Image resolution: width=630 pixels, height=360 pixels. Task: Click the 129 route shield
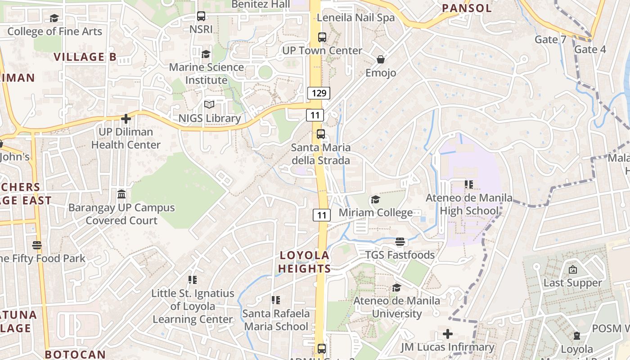(x=319, y=93)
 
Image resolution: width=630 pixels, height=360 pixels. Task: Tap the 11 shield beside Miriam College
(x=321, y=215)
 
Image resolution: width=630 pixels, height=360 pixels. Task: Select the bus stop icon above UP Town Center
(x=322, y=37)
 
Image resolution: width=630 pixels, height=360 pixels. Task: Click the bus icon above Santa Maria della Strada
(x=320, y=134)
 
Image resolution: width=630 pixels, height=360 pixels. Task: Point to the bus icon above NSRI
(x=201, y=17)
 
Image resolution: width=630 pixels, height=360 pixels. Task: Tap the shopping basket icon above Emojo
(x=380, y=59)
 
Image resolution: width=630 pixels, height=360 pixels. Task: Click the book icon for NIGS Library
(x=209, y=105)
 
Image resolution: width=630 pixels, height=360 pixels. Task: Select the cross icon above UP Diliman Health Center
(x=126, y=119)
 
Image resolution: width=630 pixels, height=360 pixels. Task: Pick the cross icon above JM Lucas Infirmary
(x=447, y=334)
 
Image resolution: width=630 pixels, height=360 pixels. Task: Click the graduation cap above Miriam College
(x=375, y=199)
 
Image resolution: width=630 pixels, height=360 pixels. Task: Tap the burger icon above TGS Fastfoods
(x=400, y=242)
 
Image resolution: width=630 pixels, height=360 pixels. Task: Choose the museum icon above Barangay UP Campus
(x=121, y=194)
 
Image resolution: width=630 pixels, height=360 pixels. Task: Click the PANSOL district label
(x=467, y=8)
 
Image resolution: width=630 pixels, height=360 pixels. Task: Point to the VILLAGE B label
(x=85, y=57)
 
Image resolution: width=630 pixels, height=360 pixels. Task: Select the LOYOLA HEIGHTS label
(x=305, y=262)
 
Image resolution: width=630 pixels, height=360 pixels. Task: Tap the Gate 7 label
(x=550, y=40)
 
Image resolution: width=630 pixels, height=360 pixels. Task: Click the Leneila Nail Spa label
(x=355, y=18)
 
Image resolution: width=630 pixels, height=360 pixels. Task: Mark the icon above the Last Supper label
(x=572, y=270)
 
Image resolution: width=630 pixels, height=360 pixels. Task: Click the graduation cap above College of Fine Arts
(x=54, y=18)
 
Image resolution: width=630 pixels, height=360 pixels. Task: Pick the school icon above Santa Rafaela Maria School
(x=276, y=300)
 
